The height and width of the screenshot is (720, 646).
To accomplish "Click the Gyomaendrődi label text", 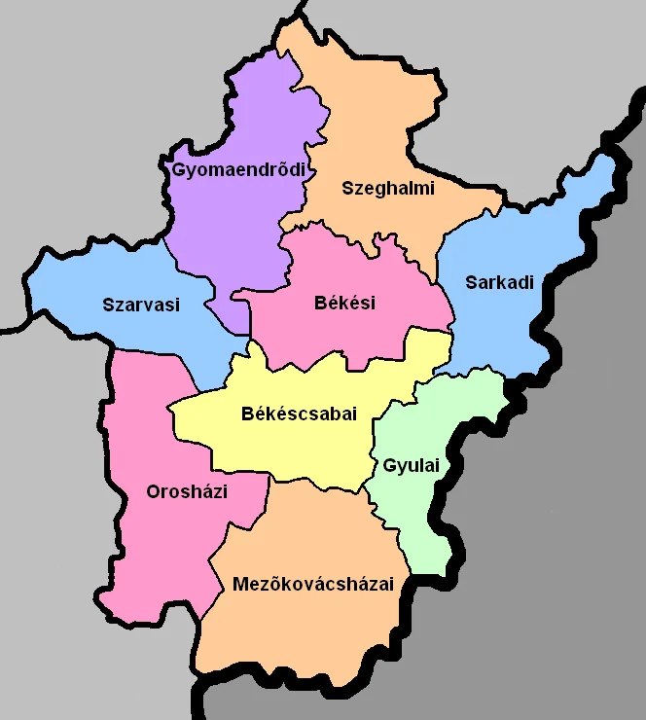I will pos(238,169).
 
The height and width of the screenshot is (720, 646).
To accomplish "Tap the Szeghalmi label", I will pos(387,188).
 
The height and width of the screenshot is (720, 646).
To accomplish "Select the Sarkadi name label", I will pos(500,283).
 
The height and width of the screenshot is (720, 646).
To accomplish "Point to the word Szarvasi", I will pos(141,305).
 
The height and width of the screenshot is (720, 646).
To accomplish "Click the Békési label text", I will pos(344,303).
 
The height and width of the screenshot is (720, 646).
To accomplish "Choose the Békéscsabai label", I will pos(299,414).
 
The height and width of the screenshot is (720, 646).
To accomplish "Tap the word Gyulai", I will pos(412,466).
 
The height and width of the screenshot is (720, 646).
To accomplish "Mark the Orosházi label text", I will pos(187,491).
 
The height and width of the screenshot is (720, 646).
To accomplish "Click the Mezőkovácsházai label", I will pos(312,584).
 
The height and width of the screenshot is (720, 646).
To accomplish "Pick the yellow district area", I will pos(292,448).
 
